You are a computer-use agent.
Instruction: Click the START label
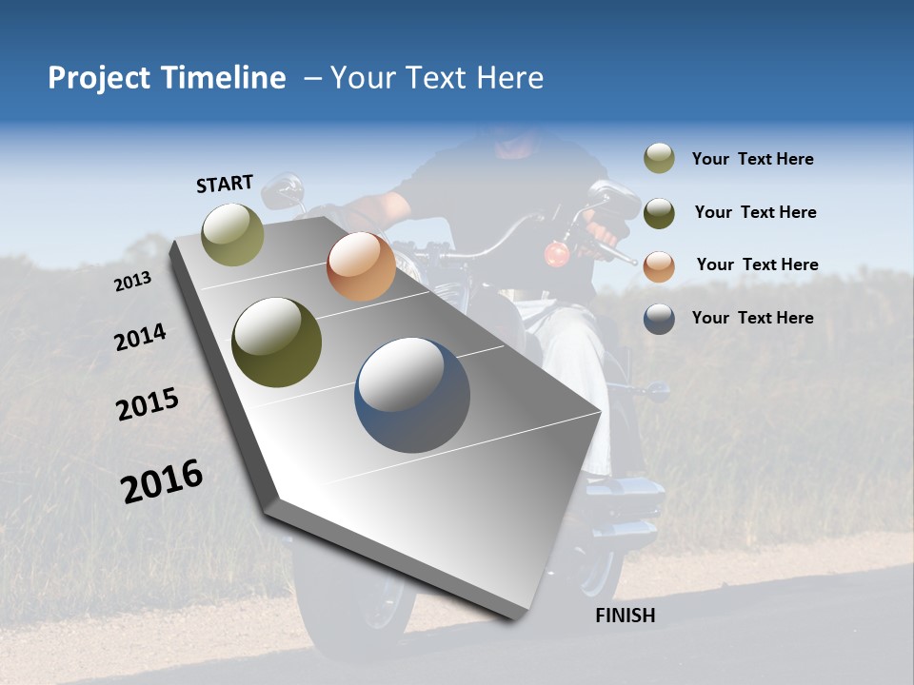(225, 184)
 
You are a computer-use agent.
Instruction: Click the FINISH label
(625, 616)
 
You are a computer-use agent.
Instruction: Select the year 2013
(132, 282)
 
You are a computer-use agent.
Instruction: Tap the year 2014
(140, 338)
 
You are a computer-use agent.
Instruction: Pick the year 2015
(148, 404)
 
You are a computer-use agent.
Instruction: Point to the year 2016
(162, 481)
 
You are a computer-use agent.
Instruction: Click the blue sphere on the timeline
(412, 395)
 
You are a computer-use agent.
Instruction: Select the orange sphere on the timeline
(361, 266)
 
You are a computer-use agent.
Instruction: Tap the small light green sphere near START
(233, 234)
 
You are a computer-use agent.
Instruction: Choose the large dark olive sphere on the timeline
(277, 342)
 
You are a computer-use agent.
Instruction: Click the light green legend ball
(659, 159)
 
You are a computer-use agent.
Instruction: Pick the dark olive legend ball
(659, 213)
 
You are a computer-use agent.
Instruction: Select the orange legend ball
(659, 265)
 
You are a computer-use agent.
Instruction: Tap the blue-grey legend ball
(659, 319)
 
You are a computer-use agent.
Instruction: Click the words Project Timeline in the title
(167, 78)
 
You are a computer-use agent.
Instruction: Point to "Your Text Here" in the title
(437, 78)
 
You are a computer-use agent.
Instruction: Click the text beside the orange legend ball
(757, 264)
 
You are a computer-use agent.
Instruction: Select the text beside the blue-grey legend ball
(752, 318)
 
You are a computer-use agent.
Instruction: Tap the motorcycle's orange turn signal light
(556, 254)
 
